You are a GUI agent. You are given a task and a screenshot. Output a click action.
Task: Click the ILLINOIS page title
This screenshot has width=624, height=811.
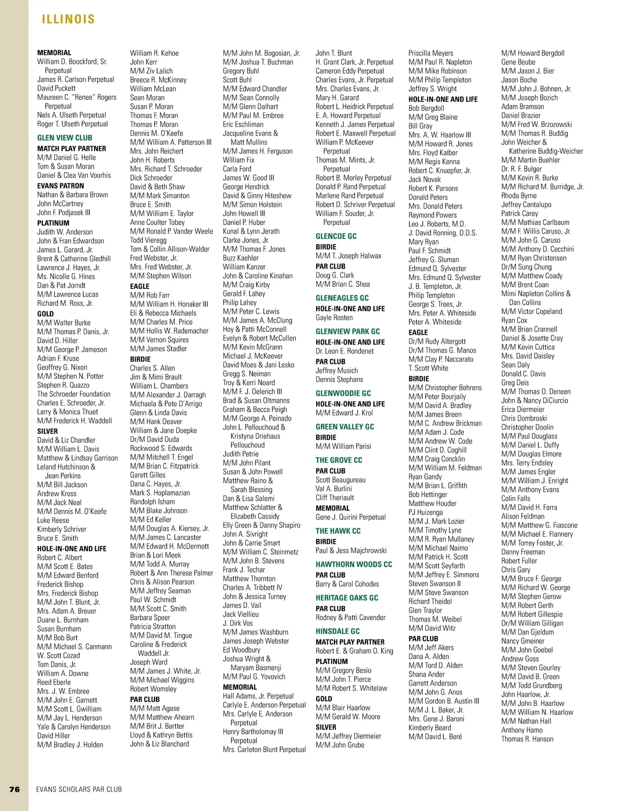68,19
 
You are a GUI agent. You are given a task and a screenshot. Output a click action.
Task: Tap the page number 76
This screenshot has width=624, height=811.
15,789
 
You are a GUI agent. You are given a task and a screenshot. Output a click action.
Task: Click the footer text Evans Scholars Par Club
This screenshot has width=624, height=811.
79,789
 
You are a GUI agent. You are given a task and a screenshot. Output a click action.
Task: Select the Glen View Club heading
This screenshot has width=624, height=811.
64,138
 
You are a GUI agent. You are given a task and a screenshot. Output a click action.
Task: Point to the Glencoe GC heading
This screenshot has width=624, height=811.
336,236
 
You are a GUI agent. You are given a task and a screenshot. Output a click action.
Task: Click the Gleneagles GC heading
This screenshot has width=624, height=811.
342,298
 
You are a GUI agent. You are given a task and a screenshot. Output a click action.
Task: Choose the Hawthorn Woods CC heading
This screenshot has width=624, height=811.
354,564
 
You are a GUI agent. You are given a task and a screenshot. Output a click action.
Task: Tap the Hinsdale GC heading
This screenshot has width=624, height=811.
337,631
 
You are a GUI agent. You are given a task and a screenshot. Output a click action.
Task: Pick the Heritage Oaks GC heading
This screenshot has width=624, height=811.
347,598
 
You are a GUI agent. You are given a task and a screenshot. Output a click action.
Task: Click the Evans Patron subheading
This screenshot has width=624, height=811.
60,186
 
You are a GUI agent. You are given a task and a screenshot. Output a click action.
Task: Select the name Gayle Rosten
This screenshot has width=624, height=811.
334,318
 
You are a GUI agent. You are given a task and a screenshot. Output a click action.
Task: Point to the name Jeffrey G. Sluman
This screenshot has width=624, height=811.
433,260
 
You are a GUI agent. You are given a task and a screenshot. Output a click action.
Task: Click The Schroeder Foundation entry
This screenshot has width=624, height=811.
74,394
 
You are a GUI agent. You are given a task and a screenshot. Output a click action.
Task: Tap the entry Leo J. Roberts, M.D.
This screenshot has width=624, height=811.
437,224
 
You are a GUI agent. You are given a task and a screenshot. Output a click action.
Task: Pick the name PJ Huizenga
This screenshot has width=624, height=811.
425,512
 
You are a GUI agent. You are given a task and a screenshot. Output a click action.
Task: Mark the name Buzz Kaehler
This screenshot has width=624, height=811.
240,258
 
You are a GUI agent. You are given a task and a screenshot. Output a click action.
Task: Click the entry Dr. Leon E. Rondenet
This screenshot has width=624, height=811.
344,351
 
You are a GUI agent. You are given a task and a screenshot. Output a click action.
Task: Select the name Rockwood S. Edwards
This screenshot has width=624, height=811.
161,448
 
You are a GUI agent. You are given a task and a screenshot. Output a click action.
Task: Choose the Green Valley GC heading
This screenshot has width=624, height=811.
344,427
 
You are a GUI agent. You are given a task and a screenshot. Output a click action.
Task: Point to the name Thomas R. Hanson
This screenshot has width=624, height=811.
527,739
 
